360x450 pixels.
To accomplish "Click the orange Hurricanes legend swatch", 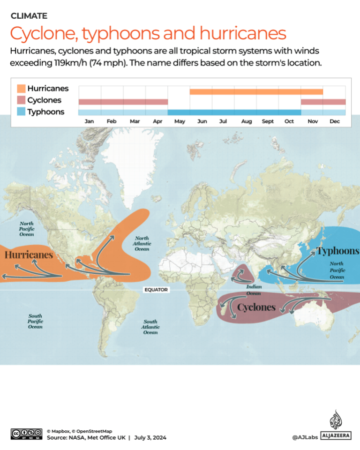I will click(21, 89).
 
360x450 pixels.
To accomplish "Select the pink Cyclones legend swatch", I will click(21, 100).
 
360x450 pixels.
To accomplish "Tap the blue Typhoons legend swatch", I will click(21, 112).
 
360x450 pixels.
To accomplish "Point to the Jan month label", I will click(89, 121).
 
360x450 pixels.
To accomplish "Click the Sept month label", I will click(268, 121).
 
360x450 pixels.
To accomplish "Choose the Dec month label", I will click(334, 121).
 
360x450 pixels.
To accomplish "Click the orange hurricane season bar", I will click(256, 92).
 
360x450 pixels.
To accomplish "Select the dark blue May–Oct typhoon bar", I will click(234, 112).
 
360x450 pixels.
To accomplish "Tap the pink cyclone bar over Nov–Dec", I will click(323, 102).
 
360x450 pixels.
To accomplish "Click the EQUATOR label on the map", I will click(156, 290).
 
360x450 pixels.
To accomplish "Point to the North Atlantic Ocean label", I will click(142, 244).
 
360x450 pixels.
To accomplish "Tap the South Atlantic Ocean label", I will click(150, 327).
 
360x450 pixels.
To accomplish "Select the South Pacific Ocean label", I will click(35, 322).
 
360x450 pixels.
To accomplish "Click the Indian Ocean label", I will click(254, 290).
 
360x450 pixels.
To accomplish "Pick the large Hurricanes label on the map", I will click(29, 255).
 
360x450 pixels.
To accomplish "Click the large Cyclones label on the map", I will click(256, 307).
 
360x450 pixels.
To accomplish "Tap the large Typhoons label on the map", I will click(337, 251).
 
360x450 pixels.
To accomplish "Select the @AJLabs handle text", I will click(305, 437).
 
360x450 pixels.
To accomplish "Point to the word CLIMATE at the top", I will click(29, 16).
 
